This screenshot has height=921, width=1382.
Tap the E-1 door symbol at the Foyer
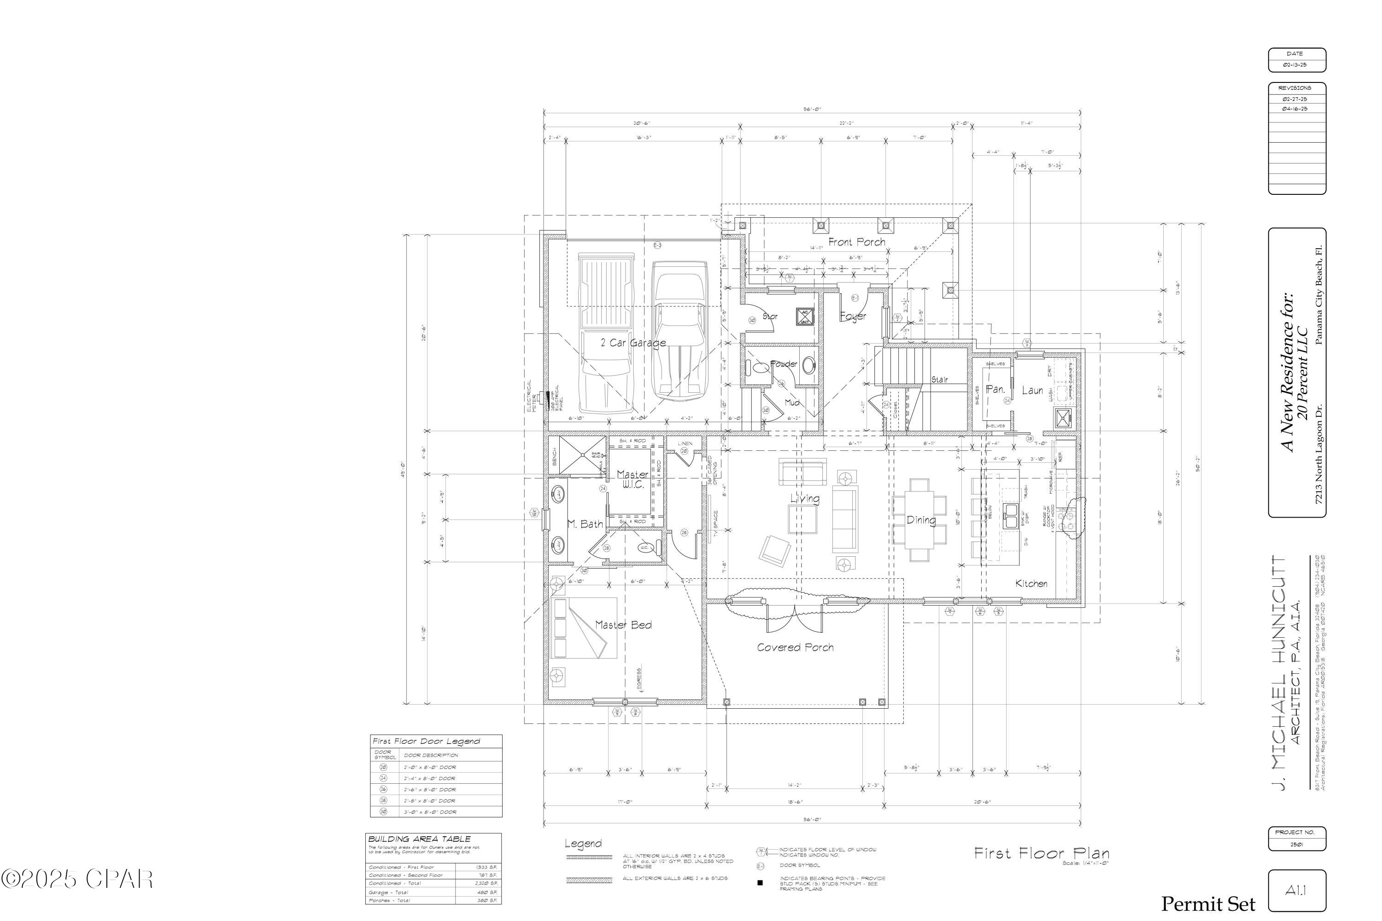click(855, 298)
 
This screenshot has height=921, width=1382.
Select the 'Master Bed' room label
click(623, 625)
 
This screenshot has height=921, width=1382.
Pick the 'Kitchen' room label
click(1031, 583)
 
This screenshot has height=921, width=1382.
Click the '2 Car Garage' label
click(633, 343)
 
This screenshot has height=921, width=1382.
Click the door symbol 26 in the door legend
click(383, 789)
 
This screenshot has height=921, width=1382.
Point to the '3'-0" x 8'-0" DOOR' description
click(429, 812)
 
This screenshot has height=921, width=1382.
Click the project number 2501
click(1296, 845)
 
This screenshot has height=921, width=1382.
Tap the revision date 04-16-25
click(1295, 109)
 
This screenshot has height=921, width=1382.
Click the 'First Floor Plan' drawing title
click(1041, 853)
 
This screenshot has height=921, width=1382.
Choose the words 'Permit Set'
click(1207, 904)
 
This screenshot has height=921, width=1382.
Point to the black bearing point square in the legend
click(760, 882)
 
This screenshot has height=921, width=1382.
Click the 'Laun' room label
click(1032, 390)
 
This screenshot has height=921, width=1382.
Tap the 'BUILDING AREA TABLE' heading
click(420, 839)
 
